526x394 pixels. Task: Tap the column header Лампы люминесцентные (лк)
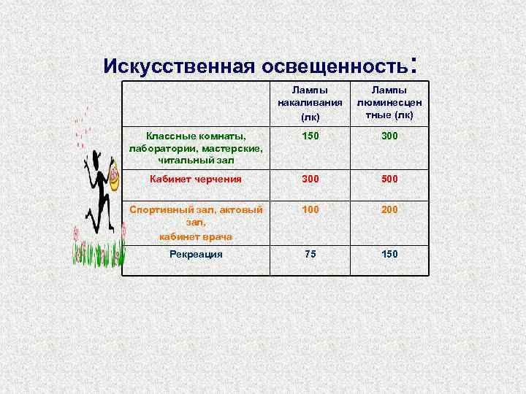pos(388,102)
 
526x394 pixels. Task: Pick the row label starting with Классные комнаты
pos(196,148)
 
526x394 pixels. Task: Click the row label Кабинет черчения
pos(195,179)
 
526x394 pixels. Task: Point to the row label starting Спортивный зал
pos(196,223)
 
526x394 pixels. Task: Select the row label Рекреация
pos(196,254)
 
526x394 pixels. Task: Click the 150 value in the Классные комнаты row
pos(311,136)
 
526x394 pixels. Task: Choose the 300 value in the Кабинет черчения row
pos(311,179)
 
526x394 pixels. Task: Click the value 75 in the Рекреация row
pos(311,254)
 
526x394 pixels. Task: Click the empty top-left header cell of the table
pos(196,102)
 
